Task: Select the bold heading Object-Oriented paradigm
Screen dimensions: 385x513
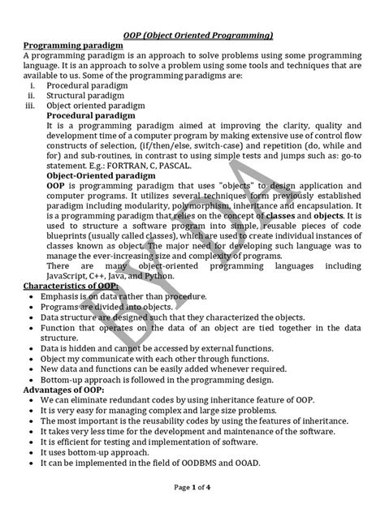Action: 95,175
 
